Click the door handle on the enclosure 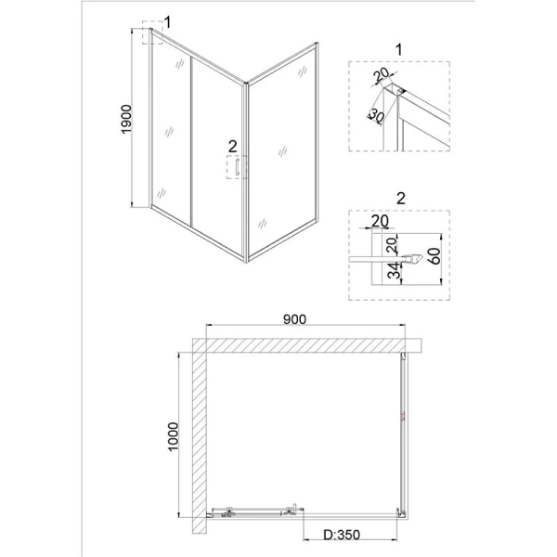coord(238,168)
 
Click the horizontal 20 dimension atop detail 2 coord(379,221)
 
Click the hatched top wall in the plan coord(306,344)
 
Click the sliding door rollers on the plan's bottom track coord(251,511)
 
